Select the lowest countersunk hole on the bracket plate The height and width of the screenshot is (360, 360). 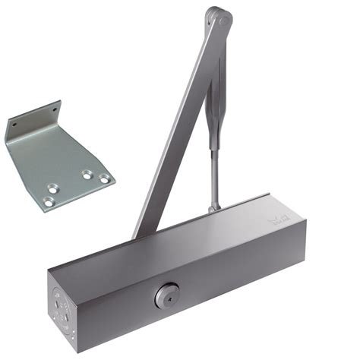click(x=49, y=201)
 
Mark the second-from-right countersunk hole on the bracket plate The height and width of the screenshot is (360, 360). click(x=87, y=174)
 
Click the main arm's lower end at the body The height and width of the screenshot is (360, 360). click(x=144, y=228)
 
